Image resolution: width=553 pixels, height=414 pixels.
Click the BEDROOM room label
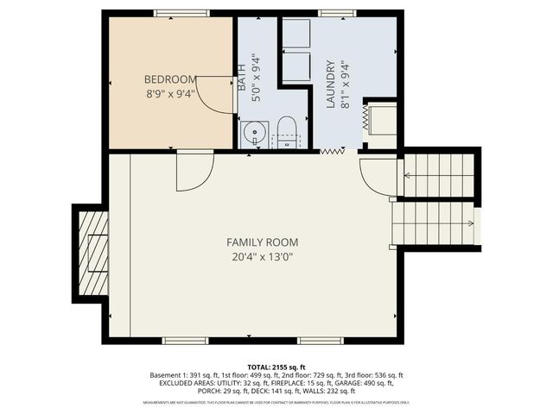click(x=169, y=78)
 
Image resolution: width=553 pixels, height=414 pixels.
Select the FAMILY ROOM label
click(x=256, y=242)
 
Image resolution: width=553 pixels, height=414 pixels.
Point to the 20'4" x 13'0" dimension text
click(x=256, y=257)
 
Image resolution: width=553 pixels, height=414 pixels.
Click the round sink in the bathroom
click(x=253, y=134)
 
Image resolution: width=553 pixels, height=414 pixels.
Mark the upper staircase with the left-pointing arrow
click(x=440, y=175)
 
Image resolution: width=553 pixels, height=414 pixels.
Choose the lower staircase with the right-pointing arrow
click(x=435, y=223)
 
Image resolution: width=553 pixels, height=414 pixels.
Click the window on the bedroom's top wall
click(x=181, y=13)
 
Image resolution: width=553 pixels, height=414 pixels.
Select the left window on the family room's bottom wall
click(x=186, y=341)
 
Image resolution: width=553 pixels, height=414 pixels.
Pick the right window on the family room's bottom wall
click(x=321, y=341)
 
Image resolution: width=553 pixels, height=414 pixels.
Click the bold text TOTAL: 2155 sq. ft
click(x=276, y=367)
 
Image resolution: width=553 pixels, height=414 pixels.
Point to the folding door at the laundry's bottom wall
click(x=333, y=152)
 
